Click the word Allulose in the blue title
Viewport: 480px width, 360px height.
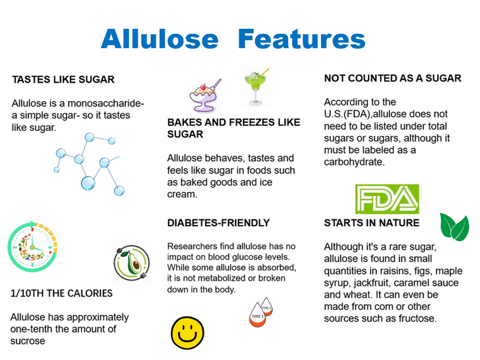pyautogui.click(x=160, y=38)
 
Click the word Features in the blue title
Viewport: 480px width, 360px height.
pyautogui.click(x=302, y=38)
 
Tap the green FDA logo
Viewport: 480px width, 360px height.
pyautogui.click(x=387, y=199)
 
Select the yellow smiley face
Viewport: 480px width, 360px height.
pyautogui.click(x=187, y=333)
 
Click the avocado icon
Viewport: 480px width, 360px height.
pyautogui.click(x=132, y=262)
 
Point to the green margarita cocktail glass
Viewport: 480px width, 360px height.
pyautogui.click(x=256, y=86)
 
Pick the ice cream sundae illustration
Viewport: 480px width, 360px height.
pyautogui.click(x=204, y=95)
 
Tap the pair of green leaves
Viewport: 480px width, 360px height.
pyautogui.click(x=454, y=227)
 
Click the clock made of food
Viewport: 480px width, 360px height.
pyautogui.click(x=32, y=247)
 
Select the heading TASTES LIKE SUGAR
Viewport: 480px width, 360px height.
pyautogui.click(x=63, y=80)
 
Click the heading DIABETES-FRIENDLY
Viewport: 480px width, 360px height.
pyautogui.click(x=219, y=223)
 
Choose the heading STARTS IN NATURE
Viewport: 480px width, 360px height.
pyautogui.click(x=372, y=223)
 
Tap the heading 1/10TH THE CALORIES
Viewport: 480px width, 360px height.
pyautogui.click(x=61, y=293)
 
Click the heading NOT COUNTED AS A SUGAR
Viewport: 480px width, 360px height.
pyautogui.click(x=393, y=78)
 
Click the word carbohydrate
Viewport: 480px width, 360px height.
pyautogui.click(x=353, y=162)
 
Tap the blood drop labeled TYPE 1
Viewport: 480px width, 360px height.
pyautogui.click(x=257, y=315)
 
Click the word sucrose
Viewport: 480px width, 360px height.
pyautogui.click(x=28, y=341)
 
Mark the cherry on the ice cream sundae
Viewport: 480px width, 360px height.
pyautogui.click(x=203, y=87)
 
